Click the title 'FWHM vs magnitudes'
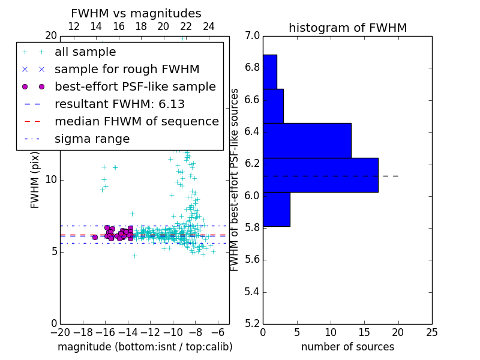pyautogui.click(x=136, y=13)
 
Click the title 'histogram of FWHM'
pyautogui.click(x=347, y=28)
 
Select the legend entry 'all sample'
pyautogui.click(x=85, y=52)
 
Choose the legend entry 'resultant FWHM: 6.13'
pyautogui.click(x=119, y=104)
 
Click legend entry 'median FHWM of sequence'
pyautogui.click(x=136, y=121)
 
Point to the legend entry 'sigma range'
pyautogui.click(x=92, y=139)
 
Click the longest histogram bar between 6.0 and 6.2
pyautogui.click(x=320, y=175)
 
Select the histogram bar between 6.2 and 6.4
pyautogui.click(x=307, y=140)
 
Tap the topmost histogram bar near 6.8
pyautogui.click(x=269, y=71)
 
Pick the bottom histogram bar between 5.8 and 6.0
pyautogui.click(x=276, y=209)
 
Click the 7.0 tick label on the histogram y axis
pyautogui.click(x=253, y=36)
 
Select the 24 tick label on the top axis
pyautogui.click(x=209, y=26)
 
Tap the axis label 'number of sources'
pyautogui.click(x=347, y=347)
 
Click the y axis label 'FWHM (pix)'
pyautogui.click(x=35, y=179)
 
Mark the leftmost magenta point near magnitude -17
pyautogui.click(x=95, y=237)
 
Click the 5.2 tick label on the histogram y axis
pyautogui.click(x=253, y=323)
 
